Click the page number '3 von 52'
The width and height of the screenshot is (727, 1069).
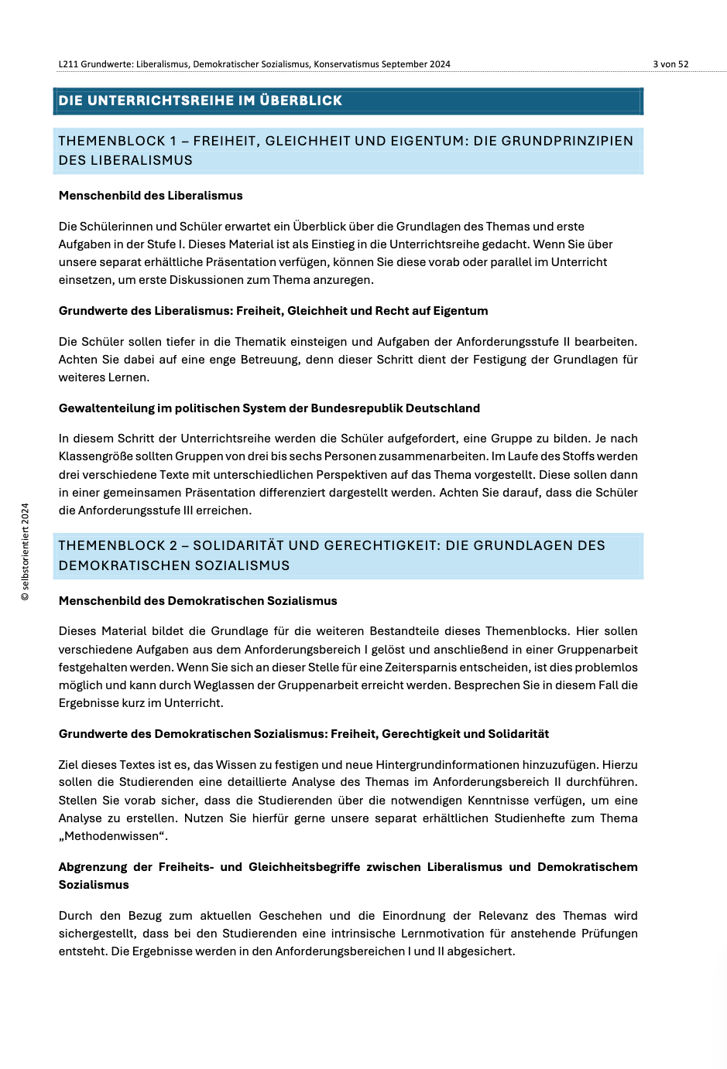pyautogui.click(x=670, y=64)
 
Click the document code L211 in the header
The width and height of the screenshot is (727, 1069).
pyautogui.click(x=68, y=64)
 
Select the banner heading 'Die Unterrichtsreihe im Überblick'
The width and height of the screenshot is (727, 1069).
pyautogui.click(x=201, y=101)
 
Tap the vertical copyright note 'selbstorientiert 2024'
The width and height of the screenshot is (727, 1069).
pyautogui.click(x=26, y=552)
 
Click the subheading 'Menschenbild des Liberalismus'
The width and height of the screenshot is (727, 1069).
pyautogui.click(x=151, y=196)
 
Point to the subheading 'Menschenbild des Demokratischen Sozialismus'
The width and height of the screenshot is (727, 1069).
pyautogui.click(x=198, y=601)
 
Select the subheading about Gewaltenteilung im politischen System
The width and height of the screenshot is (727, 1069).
pyautogui.click(x=269, y=408)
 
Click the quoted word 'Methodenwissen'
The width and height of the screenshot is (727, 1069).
pyautogui.click(x=113, y=836)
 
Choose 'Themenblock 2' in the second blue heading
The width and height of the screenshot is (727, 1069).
pyautogui.click(x=118, y=545)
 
